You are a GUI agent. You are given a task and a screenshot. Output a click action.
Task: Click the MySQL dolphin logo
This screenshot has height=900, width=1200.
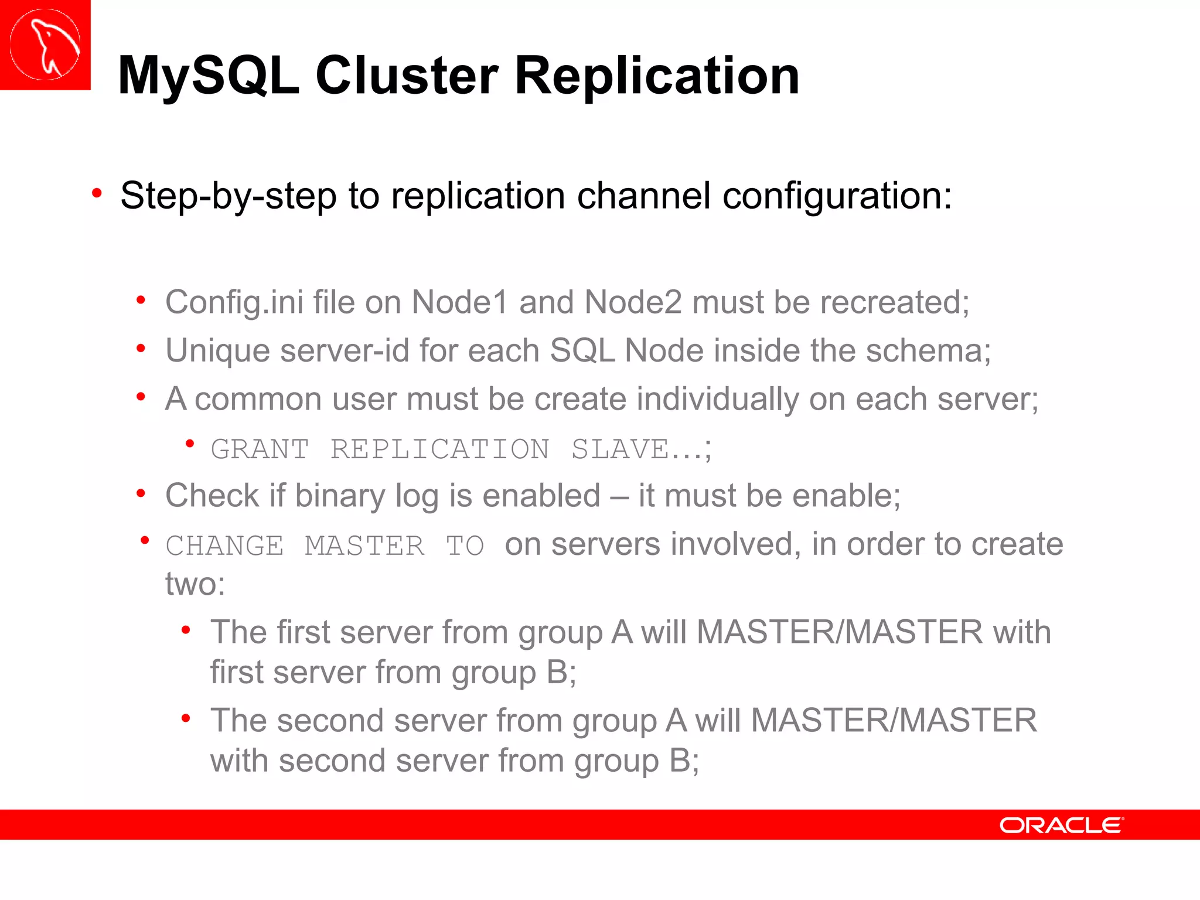[x=45, y=45]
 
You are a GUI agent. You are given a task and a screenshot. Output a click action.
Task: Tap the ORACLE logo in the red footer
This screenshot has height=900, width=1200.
[x=1061, y=825]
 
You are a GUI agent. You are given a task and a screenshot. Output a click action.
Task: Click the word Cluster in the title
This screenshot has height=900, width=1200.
[x=407, y=76]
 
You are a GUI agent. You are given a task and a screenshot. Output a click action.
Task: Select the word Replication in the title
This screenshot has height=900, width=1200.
[x=657, y=76]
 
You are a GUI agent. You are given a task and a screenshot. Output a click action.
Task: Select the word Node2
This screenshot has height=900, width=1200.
[x=633, y=302]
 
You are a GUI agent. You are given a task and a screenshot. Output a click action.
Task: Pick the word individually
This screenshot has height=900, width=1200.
[x=717, y=400]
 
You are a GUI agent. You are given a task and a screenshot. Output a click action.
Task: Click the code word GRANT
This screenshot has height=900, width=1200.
[x=260, y=449]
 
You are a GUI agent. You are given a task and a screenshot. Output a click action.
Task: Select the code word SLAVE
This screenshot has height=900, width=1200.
[x=620, y=449]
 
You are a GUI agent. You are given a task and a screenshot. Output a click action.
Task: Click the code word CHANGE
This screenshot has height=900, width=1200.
[x=224, y=546]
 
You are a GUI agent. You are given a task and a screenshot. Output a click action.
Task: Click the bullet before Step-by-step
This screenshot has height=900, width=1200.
[x=97, y=193]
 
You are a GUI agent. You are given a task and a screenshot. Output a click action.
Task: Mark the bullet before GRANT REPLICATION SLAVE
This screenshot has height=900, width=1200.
[x=189, y=444]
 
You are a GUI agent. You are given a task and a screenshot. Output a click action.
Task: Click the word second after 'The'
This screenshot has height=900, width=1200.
[x=330, y=721]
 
